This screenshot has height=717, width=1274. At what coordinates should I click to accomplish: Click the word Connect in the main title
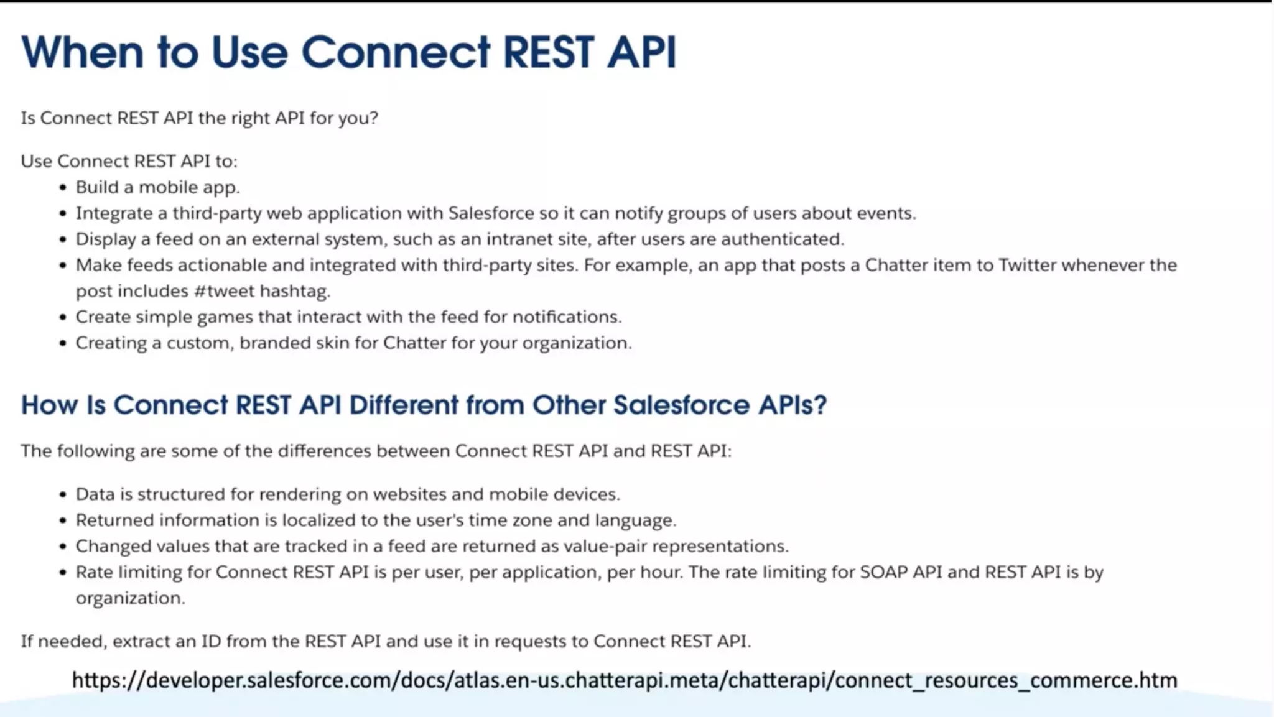(x=396, y=52)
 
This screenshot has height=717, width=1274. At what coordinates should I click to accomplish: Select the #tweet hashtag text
(x=224, y=291)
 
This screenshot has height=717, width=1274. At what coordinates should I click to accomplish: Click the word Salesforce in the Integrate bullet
(x=491, y=213)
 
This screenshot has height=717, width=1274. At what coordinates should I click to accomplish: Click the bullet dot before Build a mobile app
(x=63, y=188)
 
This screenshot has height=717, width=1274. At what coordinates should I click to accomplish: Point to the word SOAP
(x=883, y=572)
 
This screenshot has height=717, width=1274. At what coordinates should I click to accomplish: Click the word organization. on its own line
(x=130, y=598)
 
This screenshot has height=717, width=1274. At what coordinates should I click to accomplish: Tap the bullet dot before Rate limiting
(x=63, y=572)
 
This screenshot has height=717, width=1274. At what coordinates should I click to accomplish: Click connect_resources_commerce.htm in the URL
(x=1005, y=680)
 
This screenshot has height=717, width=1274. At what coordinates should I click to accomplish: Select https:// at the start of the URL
(x=108, y=680)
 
